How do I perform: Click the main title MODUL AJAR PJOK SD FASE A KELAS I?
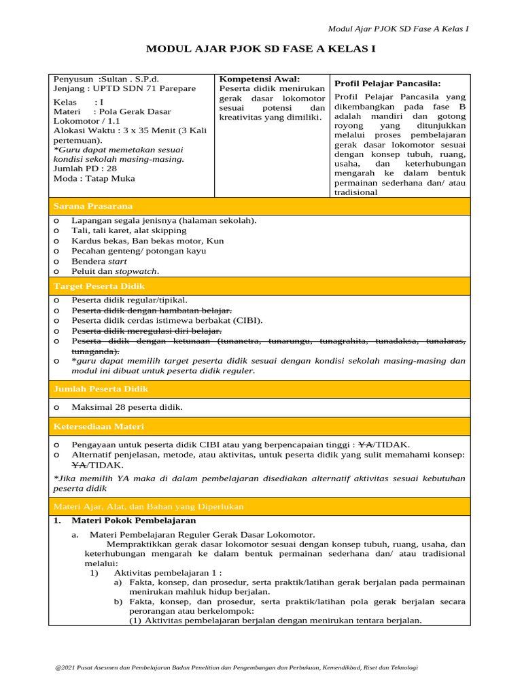(x=261, y=50)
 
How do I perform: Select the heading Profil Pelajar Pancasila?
(x=387, y=83)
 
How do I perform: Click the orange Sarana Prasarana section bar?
(x=261, y=206)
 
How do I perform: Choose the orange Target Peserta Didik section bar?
(x=261, y=287)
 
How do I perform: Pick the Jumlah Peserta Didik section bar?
(x=261, y=389)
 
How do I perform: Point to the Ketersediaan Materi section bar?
(x=261, y=426)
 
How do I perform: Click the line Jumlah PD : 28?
(x=85, y=169)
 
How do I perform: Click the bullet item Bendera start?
(x=99, y=261)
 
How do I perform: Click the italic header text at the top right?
(x=398, y=29)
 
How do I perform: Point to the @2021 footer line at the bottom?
(x=237, y=667)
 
